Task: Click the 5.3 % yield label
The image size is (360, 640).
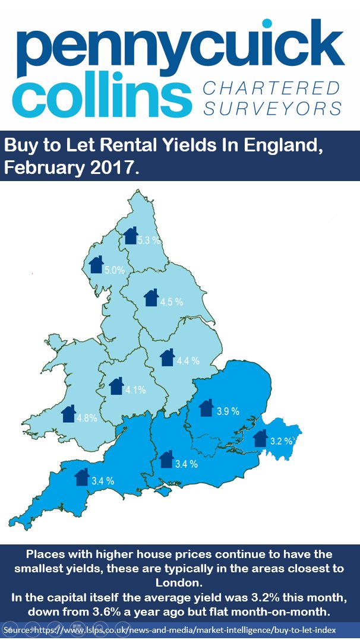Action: click(x=149, y=240)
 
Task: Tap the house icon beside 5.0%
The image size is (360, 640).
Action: click(x=96, y=264)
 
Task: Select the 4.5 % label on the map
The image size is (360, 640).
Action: click(x=172, y=302)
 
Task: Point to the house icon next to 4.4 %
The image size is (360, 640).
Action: click(x=168, y=357)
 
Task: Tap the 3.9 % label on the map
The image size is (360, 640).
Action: click(x=227, y=411)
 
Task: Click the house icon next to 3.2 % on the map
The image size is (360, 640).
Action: click(x=260, y=438)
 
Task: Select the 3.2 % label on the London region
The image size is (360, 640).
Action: click(x=280, y=441)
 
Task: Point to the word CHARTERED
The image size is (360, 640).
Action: click(x=271, y=88)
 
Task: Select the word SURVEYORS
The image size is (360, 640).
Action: click(x=272, y=109)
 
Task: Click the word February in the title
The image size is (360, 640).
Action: click(x=43, y=167)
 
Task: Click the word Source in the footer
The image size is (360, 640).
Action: click(x=18, y=629)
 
